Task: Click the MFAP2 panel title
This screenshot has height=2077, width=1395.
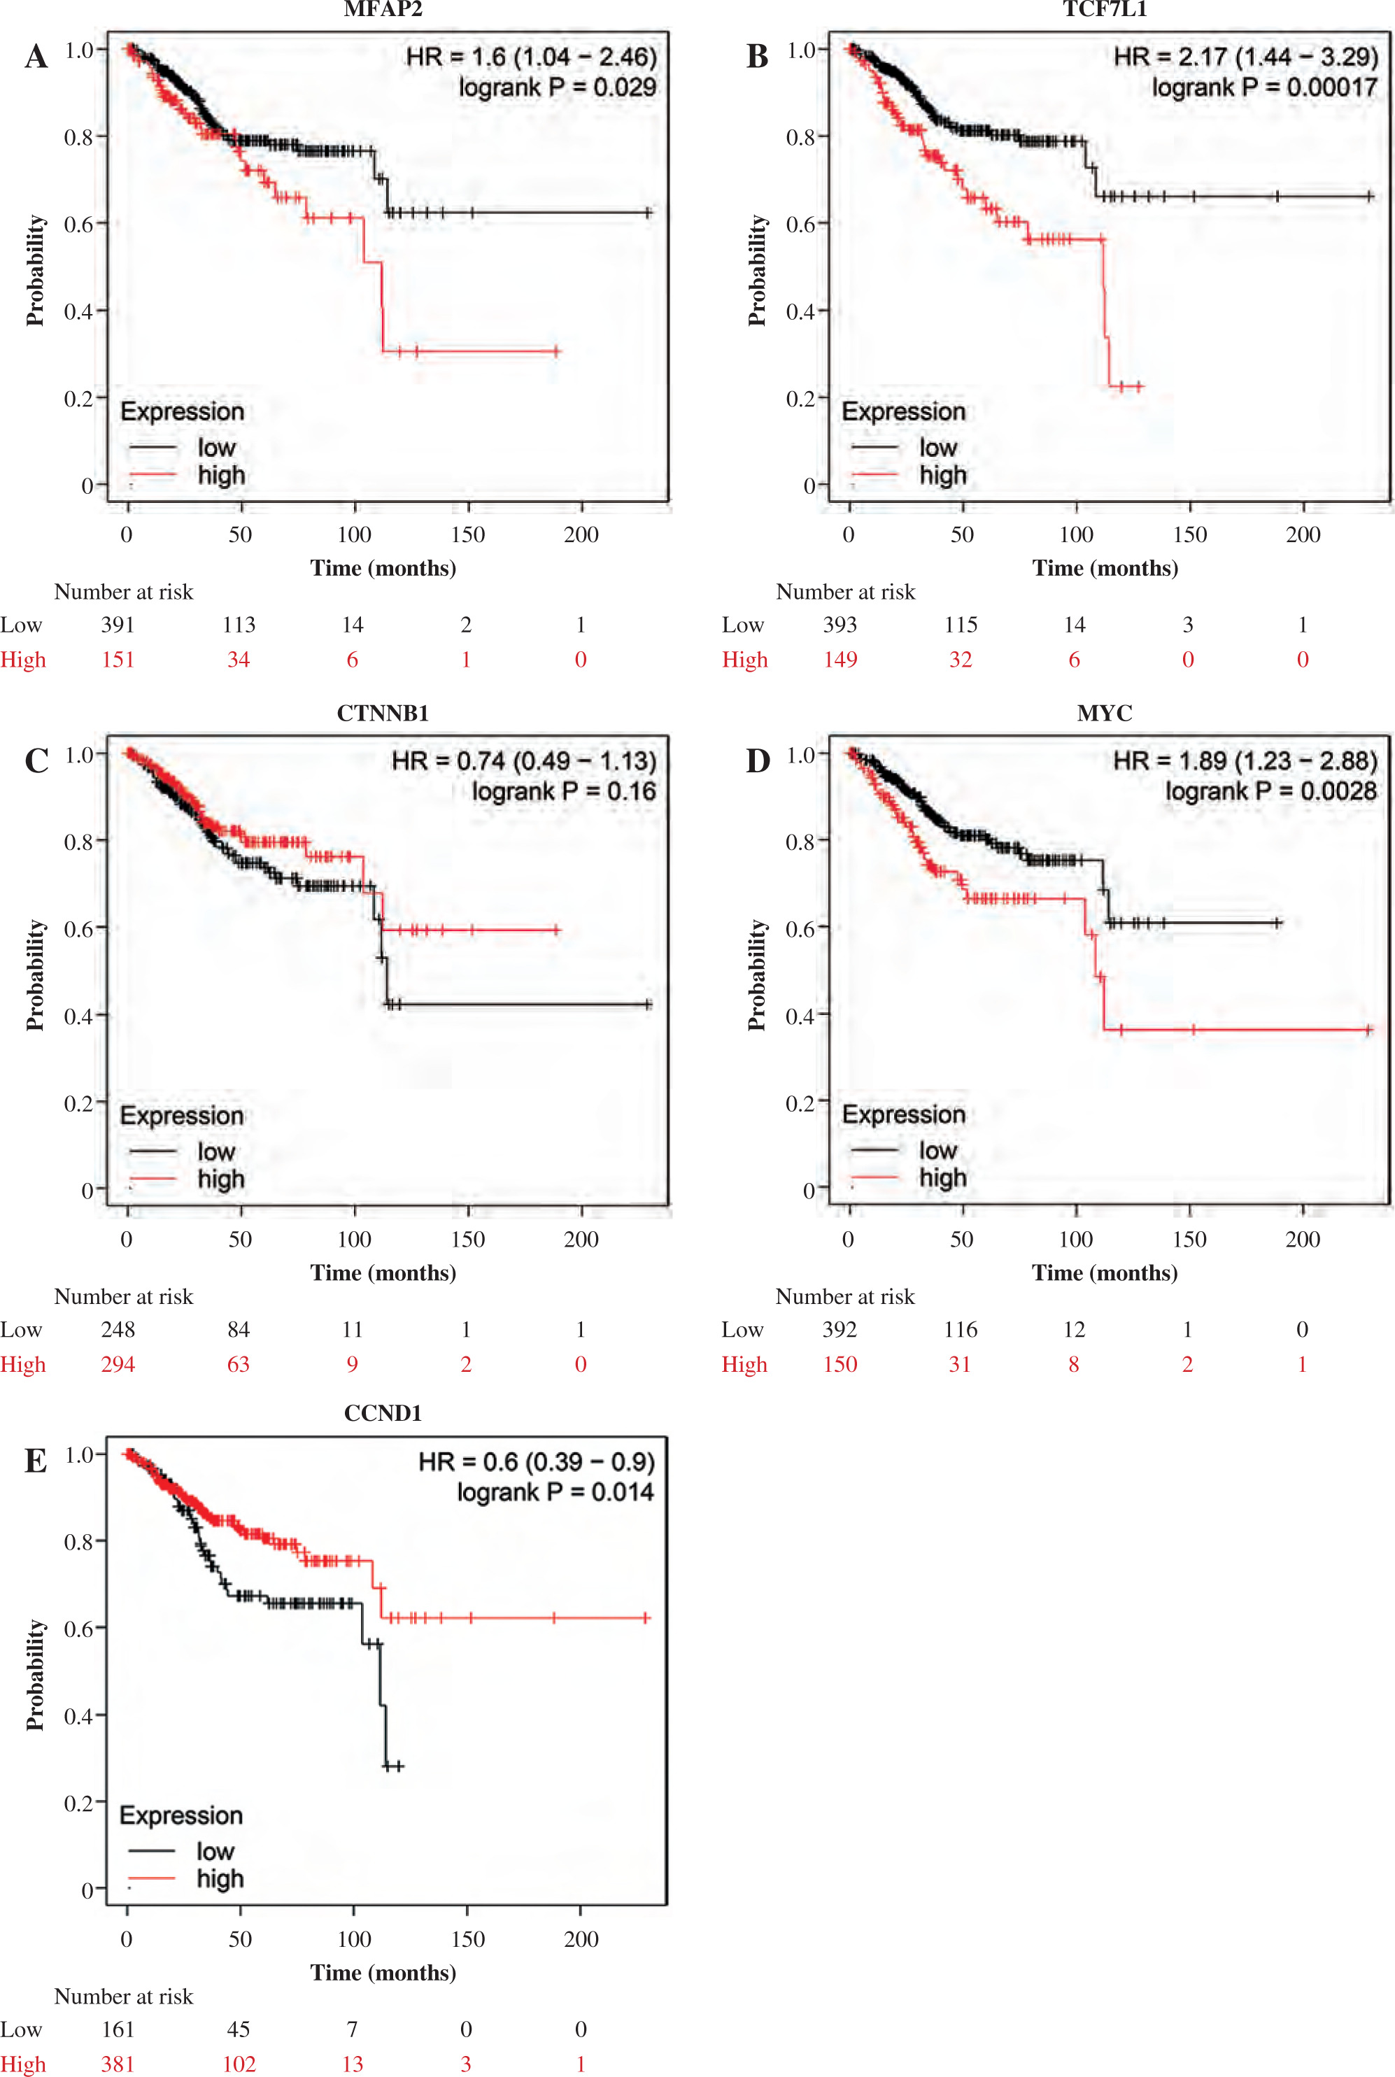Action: click(x=383, y=10)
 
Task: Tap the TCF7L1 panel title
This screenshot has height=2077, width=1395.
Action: click(x=1105, y=10)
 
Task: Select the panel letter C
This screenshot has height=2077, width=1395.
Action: click(x=36, y=761)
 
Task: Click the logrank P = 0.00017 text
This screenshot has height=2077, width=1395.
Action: click(x=1264, y=87)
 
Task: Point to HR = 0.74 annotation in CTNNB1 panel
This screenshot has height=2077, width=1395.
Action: click(x=523, y=760)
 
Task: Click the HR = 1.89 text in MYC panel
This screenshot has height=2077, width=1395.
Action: click(x=1245, y=760)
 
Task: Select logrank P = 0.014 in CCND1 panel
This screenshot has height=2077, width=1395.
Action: click(x=555, y=1491)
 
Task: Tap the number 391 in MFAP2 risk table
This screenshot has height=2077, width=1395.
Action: click(x=118, y=625)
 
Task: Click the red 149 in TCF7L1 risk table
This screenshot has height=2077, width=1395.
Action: click(x=840, y=659)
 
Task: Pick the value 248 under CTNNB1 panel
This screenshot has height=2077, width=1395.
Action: click(x=118, y=1329)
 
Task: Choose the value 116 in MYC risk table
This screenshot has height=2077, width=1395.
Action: click(x=960, y=1329)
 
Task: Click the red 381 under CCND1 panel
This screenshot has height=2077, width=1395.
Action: click(x=118, y=2064)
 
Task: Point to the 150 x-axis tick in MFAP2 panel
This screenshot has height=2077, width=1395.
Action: click(x=468, y=534)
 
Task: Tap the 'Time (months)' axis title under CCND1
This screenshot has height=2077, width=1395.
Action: click(x=383, y=1973)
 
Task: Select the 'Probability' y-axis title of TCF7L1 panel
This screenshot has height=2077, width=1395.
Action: click(x=757, y=269)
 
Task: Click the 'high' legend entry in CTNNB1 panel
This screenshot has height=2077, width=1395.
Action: click(x=220, y=1179)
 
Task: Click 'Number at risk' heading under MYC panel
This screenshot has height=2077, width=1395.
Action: click(x=844, y=1296)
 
